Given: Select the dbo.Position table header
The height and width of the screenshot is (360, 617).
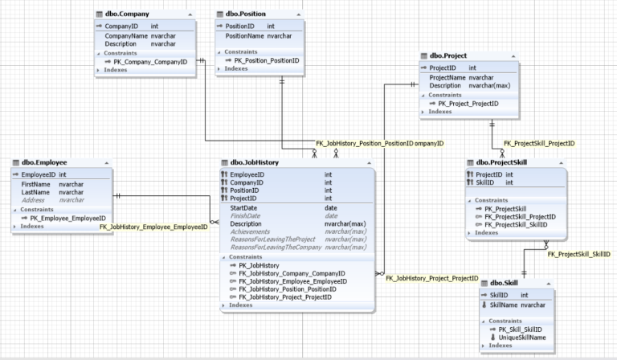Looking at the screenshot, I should click(247, 14).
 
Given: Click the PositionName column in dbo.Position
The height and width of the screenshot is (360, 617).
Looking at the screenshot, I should click(245, 36).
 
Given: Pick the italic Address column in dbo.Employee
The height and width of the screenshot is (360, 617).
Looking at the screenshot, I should click(35, 200).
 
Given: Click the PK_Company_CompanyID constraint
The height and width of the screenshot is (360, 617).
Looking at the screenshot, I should click(149, 61).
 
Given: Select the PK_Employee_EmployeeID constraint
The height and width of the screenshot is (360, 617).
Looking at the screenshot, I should click(67, 218).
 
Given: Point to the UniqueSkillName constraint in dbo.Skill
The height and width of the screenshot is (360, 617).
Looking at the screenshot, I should click(524, 337).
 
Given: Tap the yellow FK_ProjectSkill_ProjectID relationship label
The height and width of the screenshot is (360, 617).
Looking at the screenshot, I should click(538, 144).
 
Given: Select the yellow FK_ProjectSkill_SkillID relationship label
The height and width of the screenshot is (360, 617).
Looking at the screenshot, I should click(578, 254).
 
